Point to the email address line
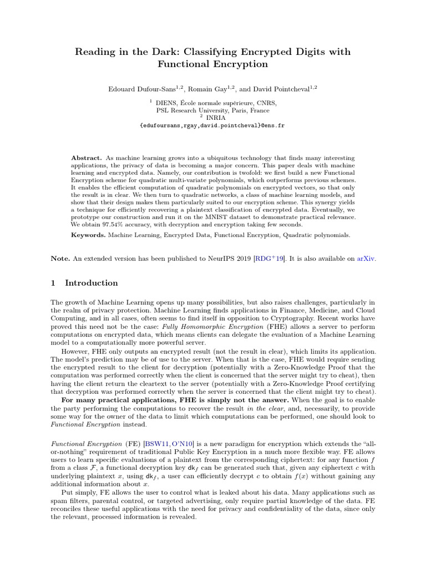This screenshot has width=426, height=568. coord(212,126)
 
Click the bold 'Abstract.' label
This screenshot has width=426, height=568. coord(87,158)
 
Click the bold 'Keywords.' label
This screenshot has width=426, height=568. coord(88,235)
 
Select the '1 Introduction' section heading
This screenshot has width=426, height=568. coord(84,283)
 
